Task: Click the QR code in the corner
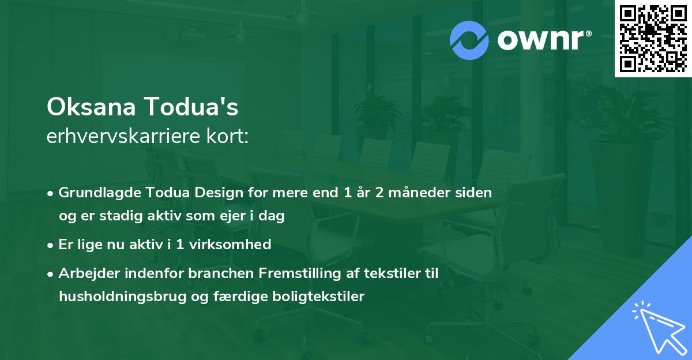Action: pyautogui.click(x=653, y=38)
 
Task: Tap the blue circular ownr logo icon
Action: pyautogui.click(x=469, y=40)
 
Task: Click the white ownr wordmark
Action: pyautogui.click(x=544, y=40)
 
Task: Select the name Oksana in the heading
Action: pyautogui.click(x=91, y=107)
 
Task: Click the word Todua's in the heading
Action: pyautogui.click(x=191, y=107)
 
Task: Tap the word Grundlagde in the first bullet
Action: pyautogui.click(x=99, y=193)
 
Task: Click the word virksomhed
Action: pyautogui.click(x=230, y=245)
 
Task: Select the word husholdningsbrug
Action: pyautogui.click(x=123, y=297)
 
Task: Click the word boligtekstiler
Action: pyautogui.click(x=318, y=297)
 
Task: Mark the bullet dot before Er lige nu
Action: pyautogui.click(x=50, y=246)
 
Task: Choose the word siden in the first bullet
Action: pyautogui.click(x=473, y=193)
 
